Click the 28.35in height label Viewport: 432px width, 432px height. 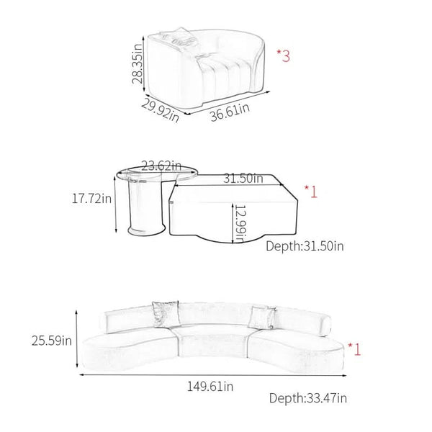[137, 63]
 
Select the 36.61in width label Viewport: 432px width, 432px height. [230, 112]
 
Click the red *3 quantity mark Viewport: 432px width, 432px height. [283, 55]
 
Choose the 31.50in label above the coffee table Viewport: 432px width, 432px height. [243, 179]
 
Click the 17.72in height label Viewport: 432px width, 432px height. [91, 199]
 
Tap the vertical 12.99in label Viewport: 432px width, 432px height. [240, 224]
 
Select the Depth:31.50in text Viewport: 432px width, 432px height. [305, 246]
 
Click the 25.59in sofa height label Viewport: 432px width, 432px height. [52, 341]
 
